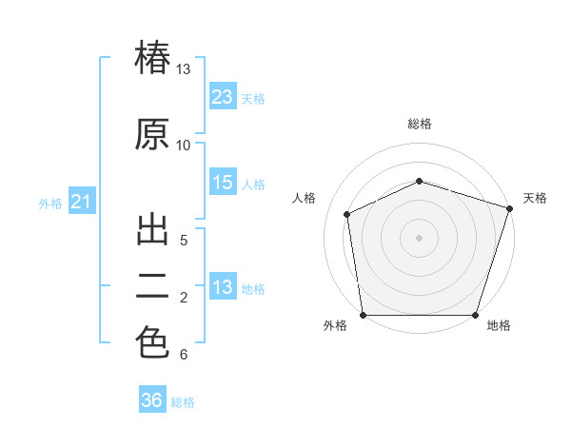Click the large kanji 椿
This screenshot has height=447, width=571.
(x=152, y=57)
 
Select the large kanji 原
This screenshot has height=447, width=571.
(x=152, y=134)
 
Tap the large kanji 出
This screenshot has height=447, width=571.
(x=152, y=230)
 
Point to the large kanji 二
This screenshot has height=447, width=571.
(x=152, y=286)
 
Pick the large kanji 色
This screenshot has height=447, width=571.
(x=152, y=341)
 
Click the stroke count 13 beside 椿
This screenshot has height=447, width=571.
(x=183, y=69)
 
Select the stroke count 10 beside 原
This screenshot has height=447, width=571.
(x=183, y=146)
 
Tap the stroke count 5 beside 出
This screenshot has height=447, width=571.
(x=184, y=241)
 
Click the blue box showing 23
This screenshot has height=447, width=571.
(x=223, y=96)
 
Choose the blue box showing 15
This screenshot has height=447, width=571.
(x=223, y=182)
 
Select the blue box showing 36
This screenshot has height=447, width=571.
(x=152, y=398)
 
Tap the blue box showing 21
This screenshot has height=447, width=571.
(x=82, y=201)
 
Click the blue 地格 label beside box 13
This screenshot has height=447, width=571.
(x=253, y=289)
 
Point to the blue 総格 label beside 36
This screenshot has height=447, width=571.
(x=183, y=402)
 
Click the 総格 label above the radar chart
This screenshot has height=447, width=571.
(x=420, y=124)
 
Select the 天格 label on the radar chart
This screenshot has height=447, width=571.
(x=535, y=198)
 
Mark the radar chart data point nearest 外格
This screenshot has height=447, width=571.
(x=364, y=315)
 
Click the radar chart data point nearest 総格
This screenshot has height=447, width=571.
(x=420, y=181)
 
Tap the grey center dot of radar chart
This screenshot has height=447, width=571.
(x=419, y=238)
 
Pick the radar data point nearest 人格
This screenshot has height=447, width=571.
(x=347, y=214)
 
